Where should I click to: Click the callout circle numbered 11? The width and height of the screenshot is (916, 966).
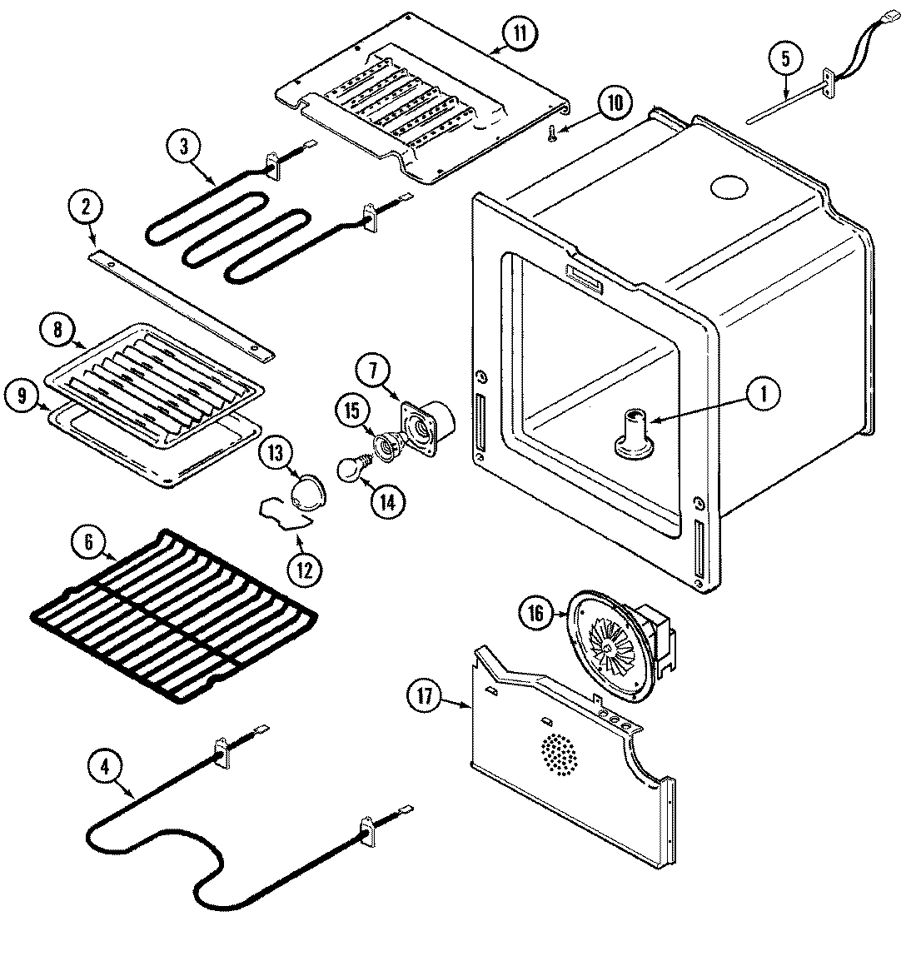point(519,33)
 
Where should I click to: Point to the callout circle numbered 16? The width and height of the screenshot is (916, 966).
point(535,614)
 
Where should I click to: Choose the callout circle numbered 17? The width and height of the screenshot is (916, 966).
point(426,697)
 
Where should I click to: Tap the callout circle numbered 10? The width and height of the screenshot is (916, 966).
point(613,103)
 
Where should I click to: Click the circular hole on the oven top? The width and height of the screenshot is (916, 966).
point(730,187)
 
